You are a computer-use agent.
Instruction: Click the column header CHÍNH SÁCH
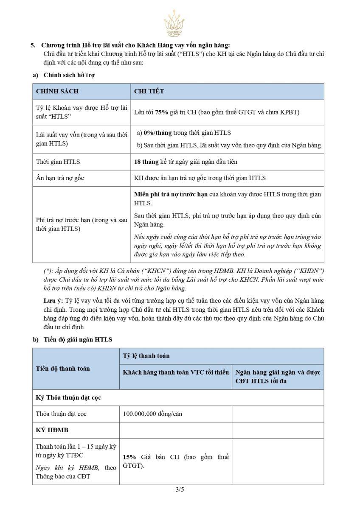[57, 92]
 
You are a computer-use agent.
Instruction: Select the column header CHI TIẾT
[149, 92]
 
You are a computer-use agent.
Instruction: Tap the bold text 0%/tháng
[157, 133]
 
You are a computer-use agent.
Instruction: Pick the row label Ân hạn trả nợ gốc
[60, 178]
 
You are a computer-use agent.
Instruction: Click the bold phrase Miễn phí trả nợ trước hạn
[171, 194]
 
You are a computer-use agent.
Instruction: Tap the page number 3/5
[180, 489]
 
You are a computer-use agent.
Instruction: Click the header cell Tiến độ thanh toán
[63, 369]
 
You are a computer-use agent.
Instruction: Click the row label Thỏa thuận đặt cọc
[61, 414]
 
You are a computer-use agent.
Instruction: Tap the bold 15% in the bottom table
[129, 457]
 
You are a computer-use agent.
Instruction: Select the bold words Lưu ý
[53, 301]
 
